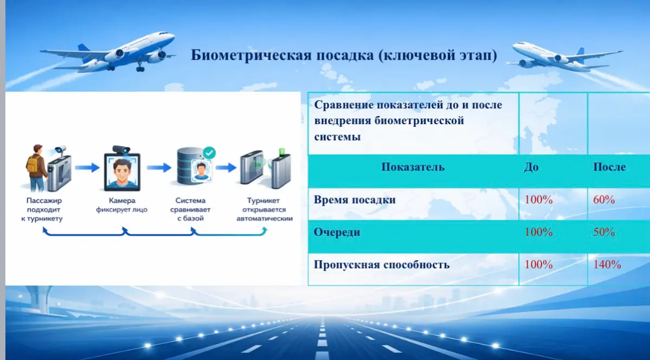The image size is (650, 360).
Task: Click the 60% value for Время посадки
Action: [x=604, y=200]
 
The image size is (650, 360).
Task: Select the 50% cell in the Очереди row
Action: [x=604, y=232]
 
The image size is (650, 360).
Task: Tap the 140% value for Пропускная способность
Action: [x=607, y=265]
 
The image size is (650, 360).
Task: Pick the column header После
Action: [x=609, y=167]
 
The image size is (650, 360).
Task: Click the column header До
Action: [x=531, y=167]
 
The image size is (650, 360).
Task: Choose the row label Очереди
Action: [x=337, y=232]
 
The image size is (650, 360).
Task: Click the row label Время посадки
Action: [x=355, y=200]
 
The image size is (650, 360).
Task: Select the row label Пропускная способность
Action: [x=381, y=265]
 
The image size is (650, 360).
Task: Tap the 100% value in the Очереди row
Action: [x=538, y=232]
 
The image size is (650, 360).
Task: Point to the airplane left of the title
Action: [x=108, y=52]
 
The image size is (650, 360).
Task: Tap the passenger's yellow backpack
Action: [x=33, y=164]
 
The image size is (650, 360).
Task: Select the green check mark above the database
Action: [x=209, y=153]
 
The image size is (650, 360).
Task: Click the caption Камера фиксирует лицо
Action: [x=122, y=205]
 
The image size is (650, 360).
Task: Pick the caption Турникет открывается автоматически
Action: [x=265, y=209]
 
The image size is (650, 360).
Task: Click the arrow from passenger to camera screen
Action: [x=87, y=168]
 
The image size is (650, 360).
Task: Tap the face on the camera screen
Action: [x=122, y=172]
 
